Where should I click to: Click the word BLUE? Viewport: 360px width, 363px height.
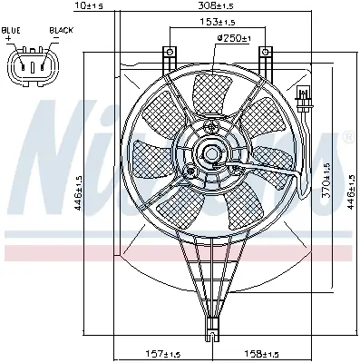13,29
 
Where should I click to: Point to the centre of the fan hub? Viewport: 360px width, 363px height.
211,154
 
